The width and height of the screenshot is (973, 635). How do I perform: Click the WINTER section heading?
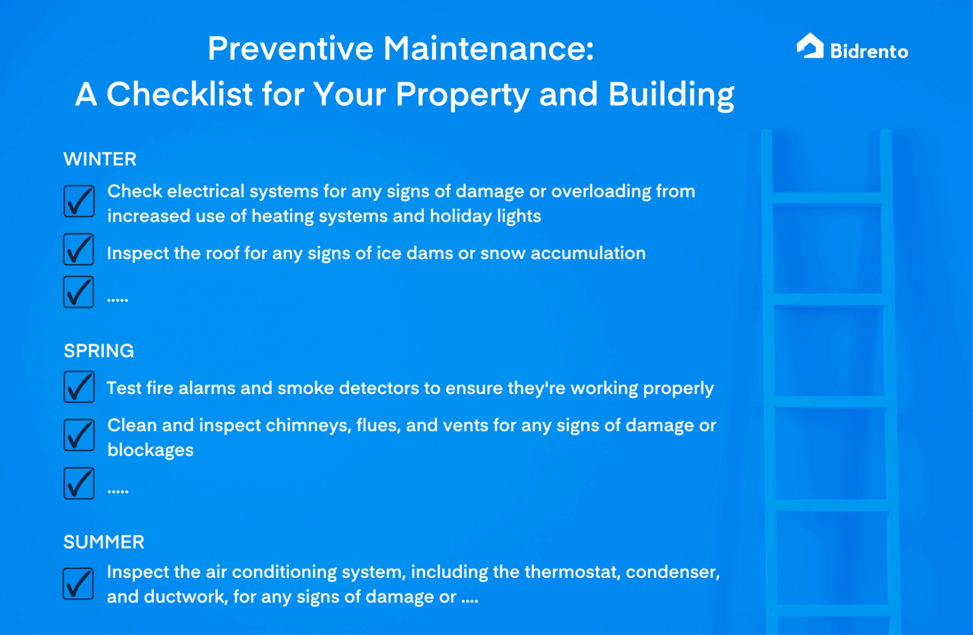click(100, 159)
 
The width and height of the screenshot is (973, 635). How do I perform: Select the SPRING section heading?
click(99, 351)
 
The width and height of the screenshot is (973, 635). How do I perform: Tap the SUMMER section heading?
click(104, 542)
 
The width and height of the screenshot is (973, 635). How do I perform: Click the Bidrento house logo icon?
click(810, 46)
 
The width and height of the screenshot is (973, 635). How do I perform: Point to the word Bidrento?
click(869, 51)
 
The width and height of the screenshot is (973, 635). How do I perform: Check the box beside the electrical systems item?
click(79, 201)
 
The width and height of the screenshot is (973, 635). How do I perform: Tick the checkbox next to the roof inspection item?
click(79, 249)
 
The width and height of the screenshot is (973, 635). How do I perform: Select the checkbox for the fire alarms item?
click(79, 387)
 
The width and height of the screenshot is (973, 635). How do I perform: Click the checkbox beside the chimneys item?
click(79, 435)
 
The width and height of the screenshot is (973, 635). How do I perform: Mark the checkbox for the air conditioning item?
click(79, 583)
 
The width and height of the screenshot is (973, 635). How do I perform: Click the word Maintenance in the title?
click(488, 49)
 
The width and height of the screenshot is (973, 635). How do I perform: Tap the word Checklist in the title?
click(180, 94)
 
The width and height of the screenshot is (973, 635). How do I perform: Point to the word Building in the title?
click(671, 94)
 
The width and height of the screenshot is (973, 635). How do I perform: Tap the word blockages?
click(151, 450)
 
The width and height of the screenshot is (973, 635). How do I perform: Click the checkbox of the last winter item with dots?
click(79, 292)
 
